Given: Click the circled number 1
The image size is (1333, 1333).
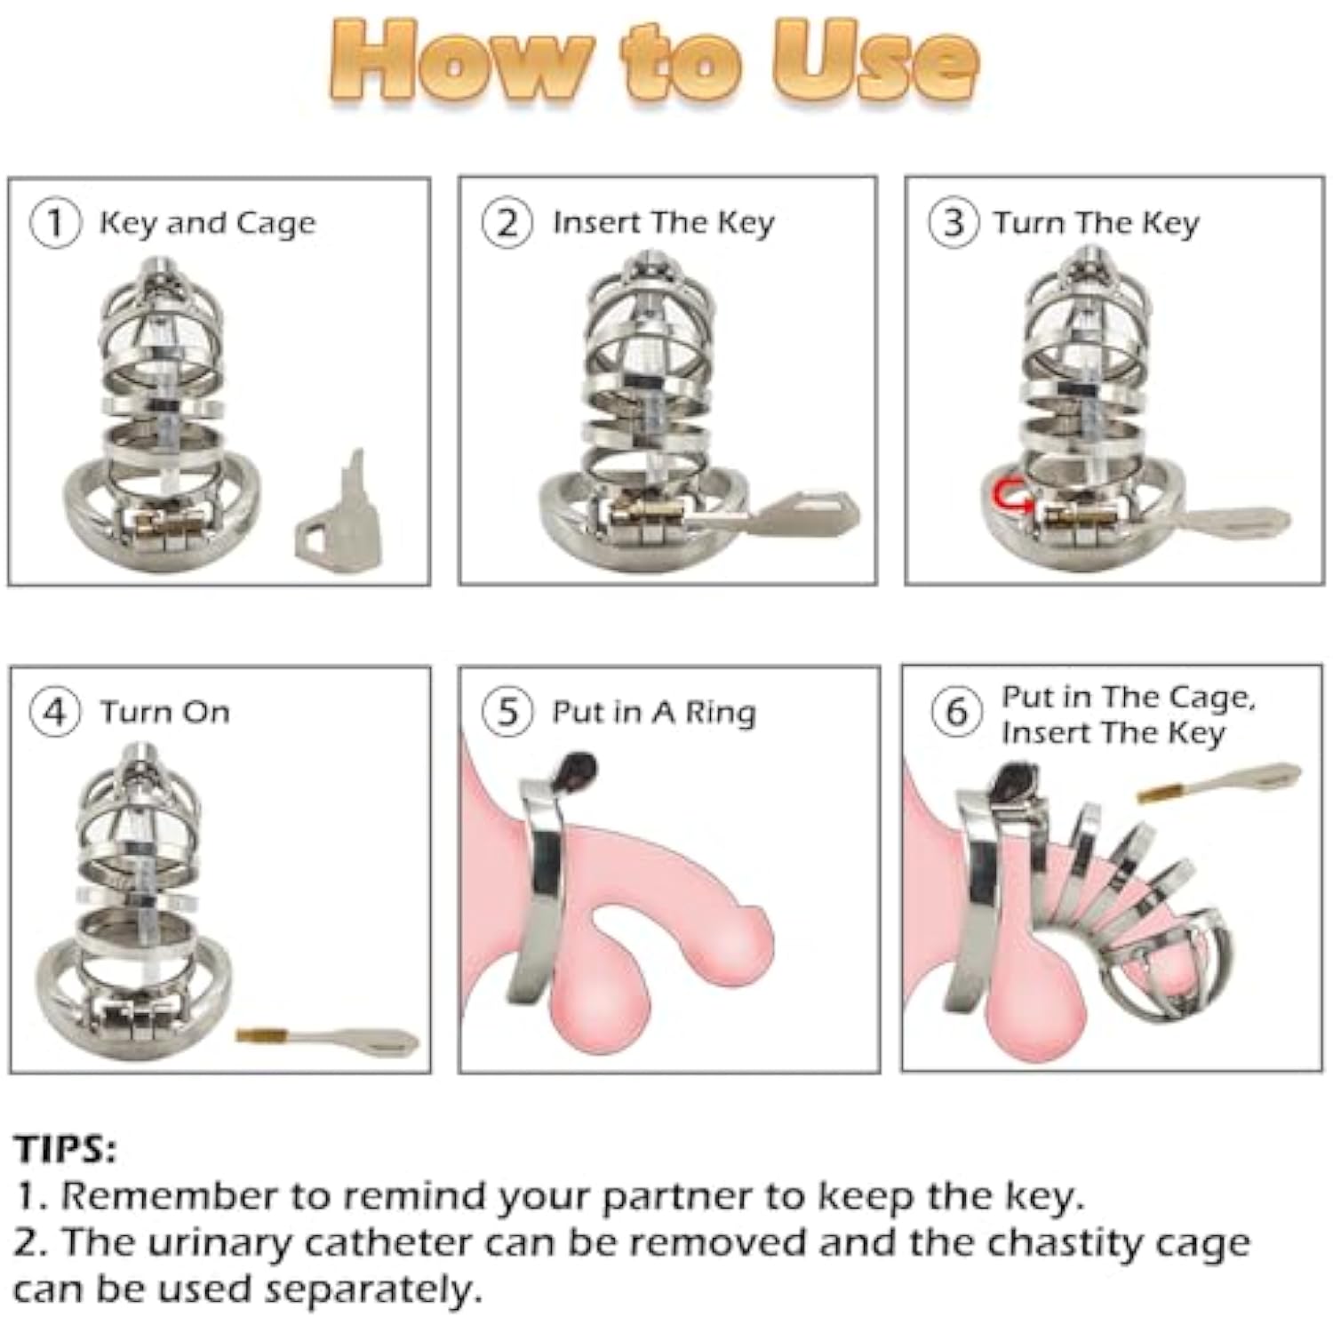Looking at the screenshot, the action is click(x=55, y=223).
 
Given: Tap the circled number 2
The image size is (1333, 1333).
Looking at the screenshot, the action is click(x=507, y=223).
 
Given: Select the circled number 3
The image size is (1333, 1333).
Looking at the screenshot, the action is click(x=954, y=223).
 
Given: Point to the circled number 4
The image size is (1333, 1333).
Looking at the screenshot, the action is click(x=55, y=713).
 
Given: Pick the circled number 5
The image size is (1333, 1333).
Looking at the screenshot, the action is click(x=507, y=713).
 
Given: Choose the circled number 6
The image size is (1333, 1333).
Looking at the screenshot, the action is click(x=956, y=712).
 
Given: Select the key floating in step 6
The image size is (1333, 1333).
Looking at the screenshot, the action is click(x=1218, y=781).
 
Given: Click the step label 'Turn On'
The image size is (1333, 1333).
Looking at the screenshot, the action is click(x=164, y=713).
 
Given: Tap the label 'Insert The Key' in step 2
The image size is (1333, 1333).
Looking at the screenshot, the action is click(x=663, y=223).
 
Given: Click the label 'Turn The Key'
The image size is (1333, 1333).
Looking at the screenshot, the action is click(x=1097, y=223).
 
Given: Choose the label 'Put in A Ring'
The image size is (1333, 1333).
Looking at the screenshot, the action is click(x=654, y=713).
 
